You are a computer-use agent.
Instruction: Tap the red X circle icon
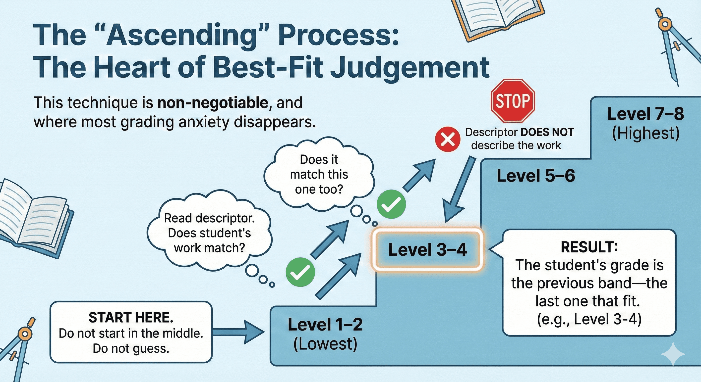click(448, 140)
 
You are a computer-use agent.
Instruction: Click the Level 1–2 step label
click(325, 325)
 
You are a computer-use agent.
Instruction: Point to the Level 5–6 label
click(536, 176)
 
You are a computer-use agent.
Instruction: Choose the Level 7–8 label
click(645, 114)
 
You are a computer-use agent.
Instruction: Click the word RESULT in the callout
click(589, 247)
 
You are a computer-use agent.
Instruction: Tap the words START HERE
click(131, 318)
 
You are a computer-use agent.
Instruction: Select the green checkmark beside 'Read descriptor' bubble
click(300, 272)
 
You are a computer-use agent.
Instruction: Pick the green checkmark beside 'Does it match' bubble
click(391, 204)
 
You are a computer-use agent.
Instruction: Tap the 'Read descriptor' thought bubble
click(209, 233)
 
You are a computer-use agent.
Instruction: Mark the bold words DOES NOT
click(547, 132)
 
